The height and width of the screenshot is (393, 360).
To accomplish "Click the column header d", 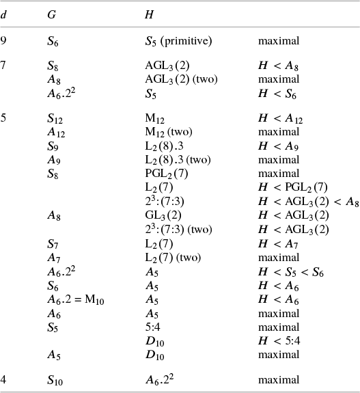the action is [5, 14].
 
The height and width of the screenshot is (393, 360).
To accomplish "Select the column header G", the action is [52, 14].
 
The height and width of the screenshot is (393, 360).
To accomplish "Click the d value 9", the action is [5, 42].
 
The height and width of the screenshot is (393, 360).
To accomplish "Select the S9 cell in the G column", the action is [53, 146].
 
